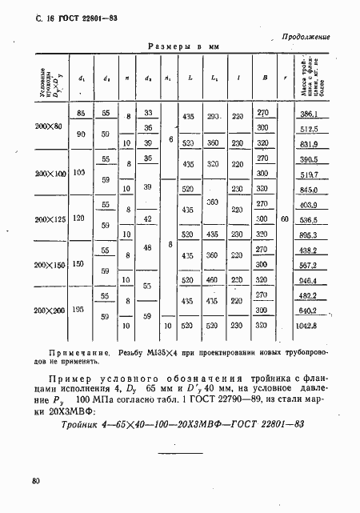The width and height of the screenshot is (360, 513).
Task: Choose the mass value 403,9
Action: click(309, 205)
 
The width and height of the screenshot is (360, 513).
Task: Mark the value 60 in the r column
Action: click(287, 218)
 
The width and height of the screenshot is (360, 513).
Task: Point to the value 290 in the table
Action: click(214, 117)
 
